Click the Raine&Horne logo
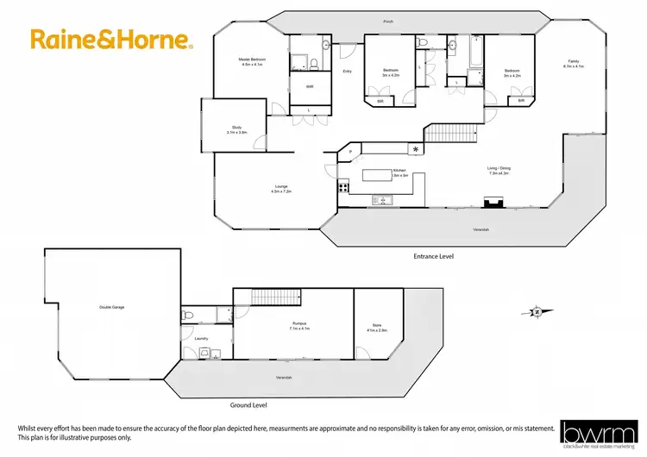click(111, 39)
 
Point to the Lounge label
click(281, 188)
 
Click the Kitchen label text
click(399, 172)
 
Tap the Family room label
click(575, 63)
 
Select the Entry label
click(348, 72)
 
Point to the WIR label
click(310, 86)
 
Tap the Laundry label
click(201, 339)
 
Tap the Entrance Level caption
click(433, 256)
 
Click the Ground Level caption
click(249, 404)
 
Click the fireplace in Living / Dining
click(493, 203)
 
